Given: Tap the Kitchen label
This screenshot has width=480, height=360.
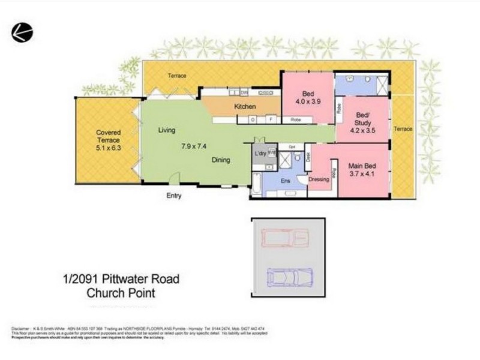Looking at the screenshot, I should click(x=245, y=107).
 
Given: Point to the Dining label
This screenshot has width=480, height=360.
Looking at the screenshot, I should click(x=221, y=160).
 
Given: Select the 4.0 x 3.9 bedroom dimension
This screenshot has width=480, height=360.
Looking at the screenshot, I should click(x=308, y=101).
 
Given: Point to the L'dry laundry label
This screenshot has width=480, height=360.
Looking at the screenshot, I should click(x=260, y=155).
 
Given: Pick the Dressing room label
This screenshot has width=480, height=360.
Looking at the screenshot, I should click(x=319, y=178).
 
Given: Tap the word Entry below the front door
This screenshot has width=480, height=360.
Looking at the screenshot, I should click(x=173, y=196).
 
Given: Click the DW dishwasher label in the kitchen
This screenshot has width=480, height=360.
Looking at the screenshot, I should click(x=244, y=92).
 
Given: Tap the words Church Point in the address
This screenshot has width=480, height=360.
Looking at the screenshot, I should click(x=122, y=293).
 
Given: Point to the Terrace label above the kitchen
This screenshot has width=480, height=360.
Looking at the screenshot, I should click(x=176, y=76).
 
